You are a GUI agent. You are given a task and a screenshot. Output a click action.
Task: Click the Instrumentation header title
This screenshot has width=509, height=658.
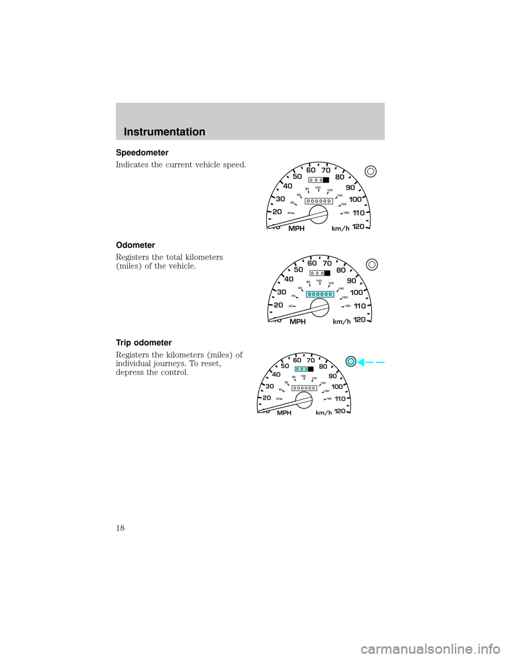point(164,132)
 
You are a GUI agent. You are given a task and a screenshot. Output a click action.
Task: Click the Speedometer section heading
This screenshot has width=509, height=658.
point(142,153)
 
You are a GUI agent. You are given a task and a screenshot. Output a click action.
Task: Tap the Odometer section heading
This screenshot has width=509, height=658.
point(135,245)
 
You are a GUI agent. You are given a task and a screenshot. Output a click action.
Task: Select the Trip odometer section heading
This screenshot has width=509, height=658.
point(144,343)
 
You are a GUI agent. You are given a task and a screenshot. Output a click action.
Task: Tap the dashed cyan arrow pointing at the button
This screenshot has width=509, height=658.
point(371,362)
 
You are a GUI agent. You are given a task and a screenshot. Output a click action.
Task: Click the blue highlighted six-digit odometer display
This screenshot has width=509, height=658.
point(320,294)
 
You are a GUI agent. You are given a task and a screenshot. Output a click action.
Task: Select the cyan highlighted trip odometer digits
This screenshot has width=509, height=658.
point(302,369)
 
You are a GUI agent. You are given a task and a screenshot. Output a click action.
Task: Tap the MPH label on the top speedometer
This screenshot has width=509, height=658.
point(296,229)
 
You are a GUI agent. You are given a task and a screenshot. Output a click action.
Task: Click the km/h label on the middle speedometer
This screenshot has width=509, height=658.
point(342,322)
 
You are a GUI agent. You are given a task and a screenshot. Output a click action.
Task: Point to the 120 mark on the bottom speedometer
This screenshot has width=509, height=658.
point(340,411)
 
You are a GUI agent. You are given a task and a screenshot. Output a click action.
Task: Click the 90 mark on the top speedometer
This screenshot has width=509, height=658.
point(350,188)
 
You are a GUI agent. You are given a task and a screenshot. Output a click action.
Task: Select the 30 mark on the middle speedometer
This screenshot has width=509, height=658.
point(282,292)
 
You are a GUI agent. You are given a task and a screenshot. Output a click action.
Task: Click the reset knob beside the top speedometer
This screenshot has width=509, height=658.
point(371,172)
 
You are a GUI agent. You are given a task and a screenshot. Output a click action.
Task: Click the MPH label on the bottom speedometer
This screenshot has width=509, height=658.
point(284,413)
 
